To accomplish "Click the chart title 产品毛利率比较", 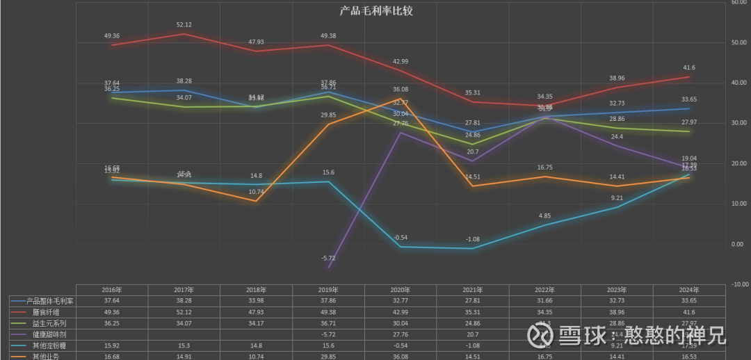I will coord(376,10).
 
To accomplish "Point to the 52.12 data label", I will coord(184,25).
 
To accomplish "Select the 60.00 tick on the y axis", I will coord(738,2).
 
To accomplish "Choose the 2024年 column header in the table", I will coord(689,290).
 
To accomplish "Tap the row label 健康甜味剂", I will coord(44,334).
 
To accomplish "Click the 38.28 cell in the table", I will coord(184,301).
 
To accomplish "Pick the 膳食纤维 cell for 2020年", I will coord(401,312).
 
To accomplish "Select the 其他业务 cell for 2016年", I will coord(111,357).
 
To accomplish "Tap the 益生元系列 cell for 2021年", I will coord(473,323).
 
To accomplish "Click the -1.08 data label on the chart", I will coord(473,239).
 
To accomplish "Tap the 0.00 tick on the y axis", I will coord(738,244).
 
